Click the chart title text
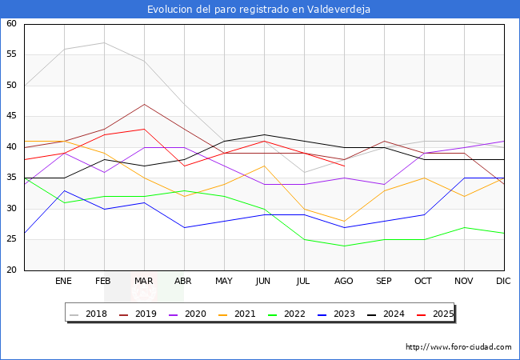[x=259, y=10]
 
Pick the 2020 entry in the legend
[x=191, y=314]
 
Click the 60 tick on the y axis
[x=11, y=24]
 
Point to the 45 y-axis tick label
[x=11, y=116]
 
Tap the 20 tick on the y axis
[x=11, y=270]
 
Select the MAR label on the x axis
[x=144, y=282]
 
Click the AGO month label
[x=344, y=282]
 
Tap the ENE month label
[x=64, y=282]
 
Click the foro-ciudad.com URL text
[x=458, y=347]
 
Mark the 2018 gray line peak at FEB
[x=104, y=42]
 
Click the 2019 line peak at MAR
[x=144, y=104]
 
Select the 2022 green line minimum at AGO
[x=344, y=246]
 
